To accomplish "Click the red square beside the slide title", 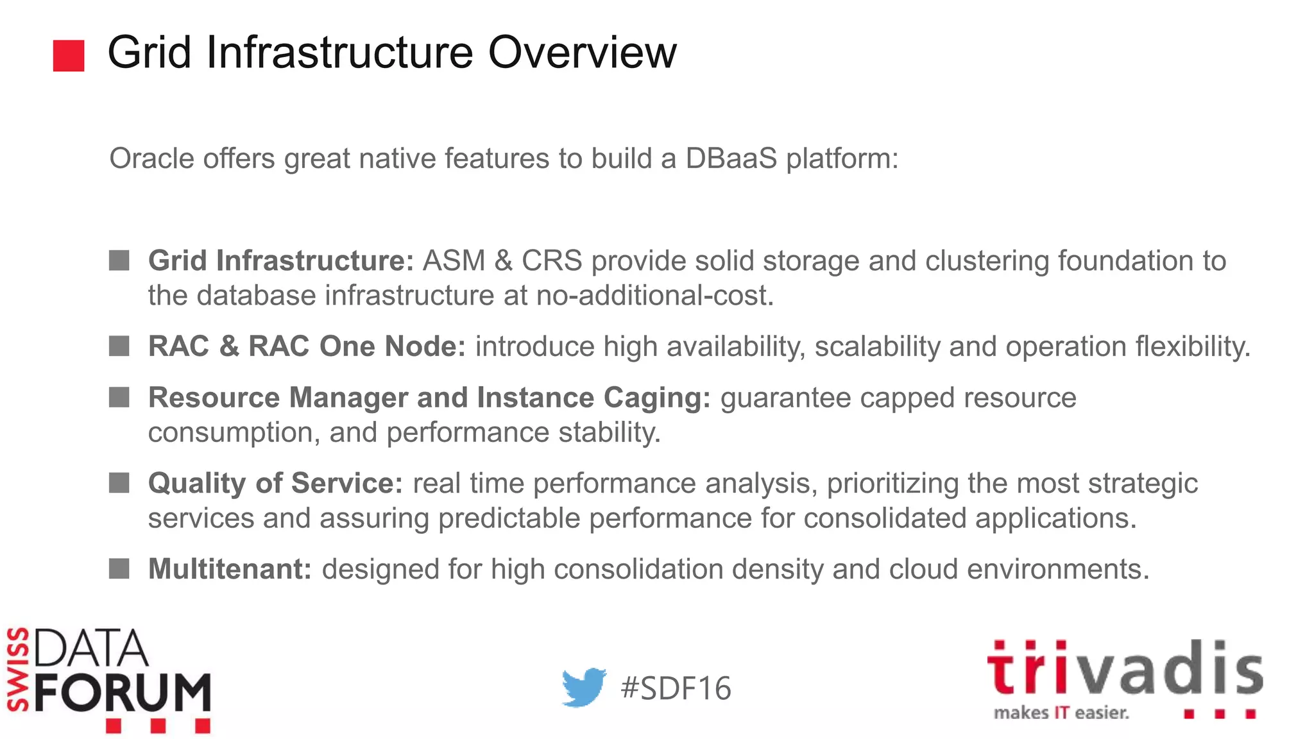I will (69, 56).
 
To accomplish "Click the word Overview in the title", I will (582, 53).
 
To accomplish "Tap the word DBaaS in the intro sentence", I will (731, 158).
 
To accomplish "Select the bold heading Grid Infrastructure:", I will (281, 261).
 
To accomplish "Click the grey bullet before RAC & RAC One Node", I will (119, 346).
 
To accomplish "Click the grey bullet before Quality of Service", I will (119, 483).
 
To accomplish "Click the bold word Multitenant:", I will (230, 569).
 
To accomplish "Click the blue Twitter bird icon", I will (583, 687).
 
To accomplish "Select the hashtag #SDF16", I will (676, 688).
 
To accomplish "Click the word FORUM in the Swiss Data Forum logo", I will (123, 692).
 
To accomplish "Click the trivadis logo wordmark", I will (1124, 668).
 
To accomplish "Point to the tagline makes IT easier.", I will (1061, 713).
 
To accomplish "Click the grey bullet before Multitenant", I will (119, 568).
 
